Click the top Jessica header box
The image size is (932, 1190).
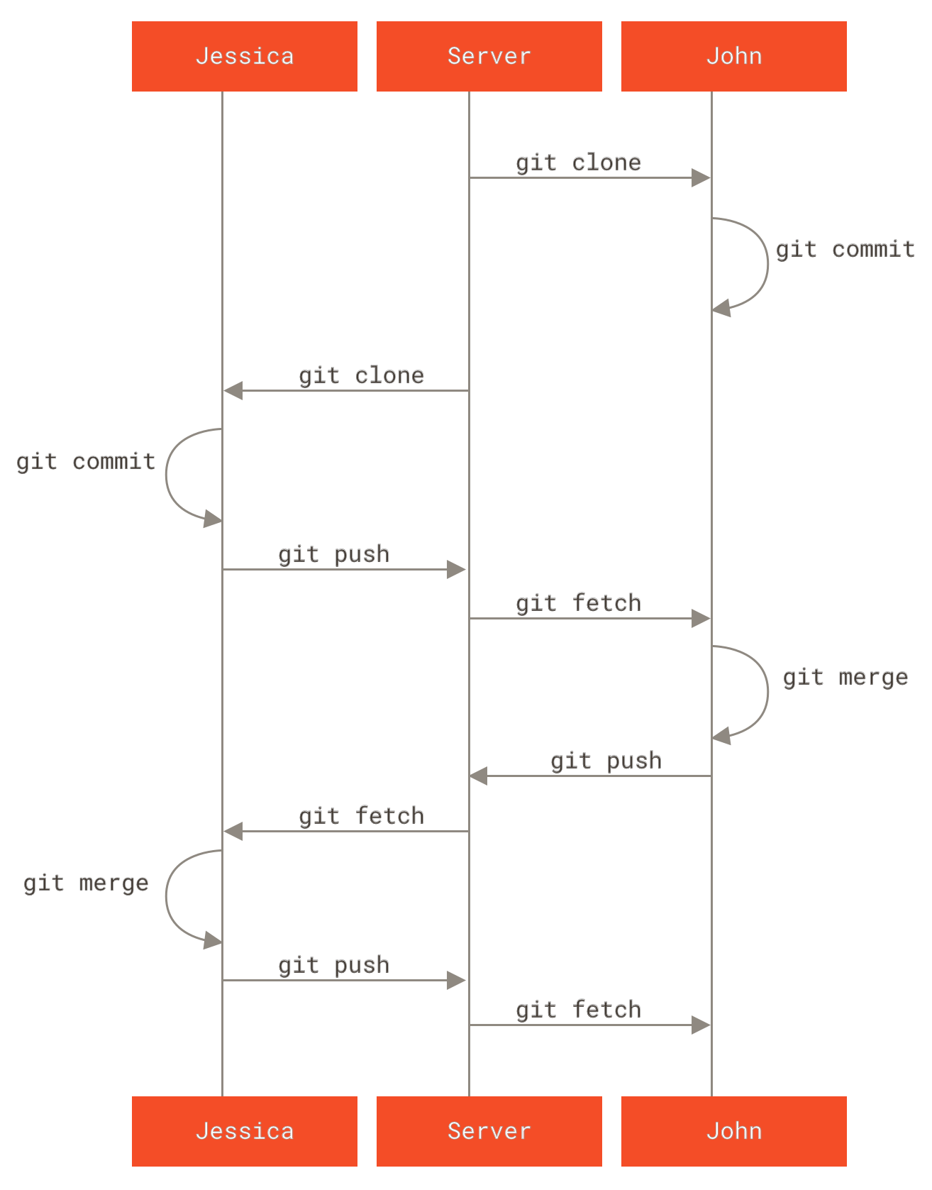(244, 56)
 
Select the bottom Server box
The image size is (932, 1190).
(489, 1130)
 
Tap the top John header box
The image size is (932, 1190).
(733, 56)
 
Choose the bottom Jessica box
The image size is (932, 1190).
(244, 1130)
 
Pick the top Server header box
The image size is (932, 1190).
(489, 56)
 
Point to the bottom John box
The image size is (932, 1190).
(733, 1130)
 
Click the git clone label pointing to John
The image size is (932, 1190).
(578, 162)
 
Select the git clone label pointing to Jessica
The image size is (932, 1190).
(361, 375)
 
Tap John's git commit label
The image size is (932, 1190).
(845, 249)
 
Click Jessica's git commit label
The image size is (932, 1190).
(86, 462)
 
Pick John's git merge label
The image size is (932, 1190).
(845, 677)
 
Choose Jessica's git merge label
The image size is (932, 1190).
(86, 883)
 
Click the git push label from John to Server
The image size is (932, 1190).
(606, 761)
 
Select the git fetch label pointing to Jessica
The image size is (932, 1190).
(361, 816)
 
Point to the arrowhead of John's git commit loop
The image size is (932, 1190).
(722, 309)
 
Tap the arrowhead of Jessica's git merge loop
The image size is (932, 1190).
(213, 942)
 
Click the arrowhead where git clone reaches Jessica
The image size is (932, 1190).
(233, 390)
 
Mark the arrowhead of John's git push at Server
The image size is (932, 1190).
(479, 776)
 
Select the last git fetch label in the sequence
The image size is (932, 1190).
(578, 1010)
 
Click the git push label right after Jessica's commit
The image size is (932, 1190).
(333, 554)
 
